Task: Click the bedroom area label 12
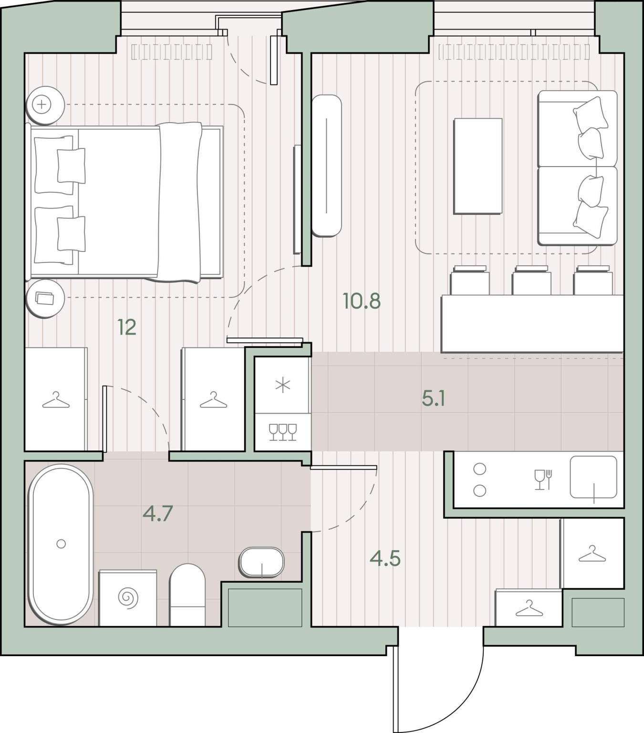click(127, 327)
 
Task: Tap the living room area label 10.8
click(362, 301)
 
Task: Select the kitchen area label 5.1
click(433, 398)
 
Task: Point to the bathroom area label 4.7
click(157, 513)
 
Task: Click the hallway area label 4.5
click(385, 559)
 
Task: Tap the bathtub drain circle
click(61, 544)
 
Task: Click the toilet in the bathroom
click(187, 595)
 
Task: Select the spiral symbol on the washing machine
click(128, 597)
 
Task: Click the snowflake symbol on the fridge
click(283, 385)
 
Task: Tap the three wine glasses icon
click(283, 432)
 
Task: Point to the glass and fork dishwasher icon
click(543, 480)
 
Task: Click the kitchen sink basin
click(593, 477)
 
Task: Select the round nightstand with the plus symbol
click(45, 105)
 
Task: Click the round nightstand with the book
click(45, 298)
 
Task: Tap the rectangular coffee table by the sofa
click(478, 166)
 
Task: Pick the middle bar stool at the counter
click(531, 281)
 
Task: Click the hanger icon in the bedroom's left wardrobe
click(56, 400)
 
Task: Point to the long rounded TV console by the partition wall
click(326, 165)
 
